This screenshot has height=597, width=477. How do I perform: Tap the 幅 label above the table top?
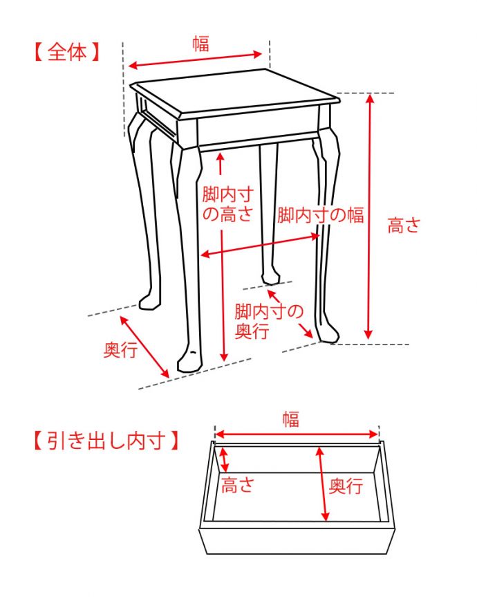200,44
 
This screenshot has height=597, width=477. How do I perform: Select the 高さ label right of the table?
403,226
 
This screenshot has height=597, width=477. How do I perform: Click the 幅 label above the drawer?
290,419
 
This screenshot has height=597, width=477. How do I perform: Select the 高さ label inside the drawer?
237,486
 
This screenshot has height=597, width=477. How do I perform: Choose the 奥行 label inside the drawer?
346,486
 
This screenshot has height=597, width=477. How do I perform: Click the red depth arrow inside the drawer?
323,484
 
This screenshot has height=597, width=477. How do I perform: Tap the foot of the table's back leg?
270,277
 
